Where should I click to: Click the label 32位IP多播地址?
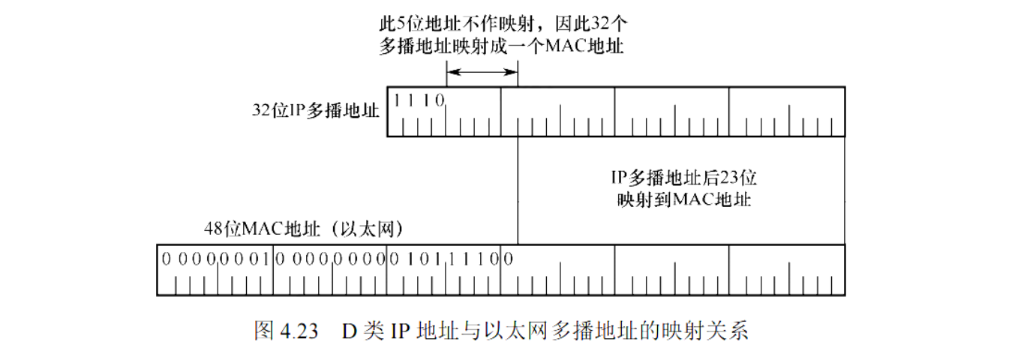point(315,112)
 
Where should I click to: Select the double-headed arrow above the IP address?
point(482,73)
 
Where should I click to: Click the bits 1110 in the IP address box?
point(416,100)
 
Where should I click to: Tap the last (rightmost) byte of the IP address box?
point(787,112)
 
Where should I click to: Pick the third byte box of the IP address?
point(671,112)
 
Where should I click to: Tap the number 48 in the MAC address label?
point(213,228)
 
